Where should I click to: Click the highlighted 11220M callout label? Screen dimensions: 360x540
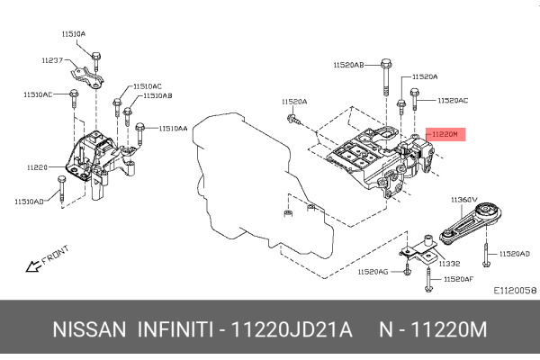click(445, 134)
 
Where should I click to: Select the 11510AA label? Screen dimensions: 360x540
click(174, 129)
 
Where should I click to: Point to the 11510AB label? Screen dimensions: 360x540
click(157, 95)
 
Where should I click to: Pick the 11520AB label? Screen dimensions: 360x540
click(348, 65)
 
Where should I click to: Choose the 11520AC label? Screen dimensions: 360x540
click(454, 101)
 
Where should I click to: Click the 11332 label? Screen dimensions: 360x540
click(450, 264)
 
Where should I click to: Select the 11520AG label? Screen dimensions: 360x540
click(372, 271)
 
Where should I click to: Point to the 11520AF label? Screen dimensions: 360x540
click(458, 281)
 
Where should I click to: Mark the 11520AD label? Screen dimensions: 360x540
click(515, 254)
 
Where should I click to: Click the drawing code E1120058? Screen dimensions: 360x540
click(515, 291)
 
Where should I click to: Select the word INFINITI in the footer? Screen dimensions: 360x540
click(175, 331)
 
